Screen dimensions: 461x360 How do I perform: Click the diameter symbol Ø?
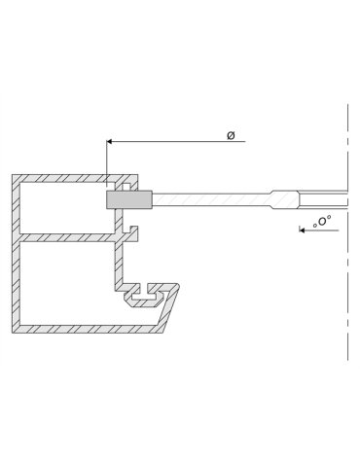231,135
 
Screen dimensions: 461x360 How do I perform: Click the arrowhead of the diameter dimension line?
110,142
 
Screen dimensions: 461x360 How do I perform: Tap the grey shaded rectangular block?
129,199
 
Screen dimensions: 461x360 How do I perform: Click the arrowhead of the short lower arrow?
303,230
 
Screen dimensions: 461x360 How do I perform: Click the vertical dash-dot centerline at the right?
347,292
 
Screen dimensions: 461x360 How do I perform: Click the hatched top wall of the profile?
58,179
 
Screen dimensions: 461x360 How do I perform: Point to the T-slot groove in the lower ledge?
152,290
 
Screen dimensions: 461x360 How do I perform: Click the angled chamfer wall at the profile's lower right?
173,309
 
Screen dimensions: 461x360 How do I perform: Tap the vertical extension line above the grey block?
107,160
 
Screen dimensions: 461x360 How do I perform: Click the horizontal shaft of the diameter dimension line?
175,142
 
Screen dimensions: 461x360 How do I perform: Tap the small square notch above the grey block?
126,185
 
